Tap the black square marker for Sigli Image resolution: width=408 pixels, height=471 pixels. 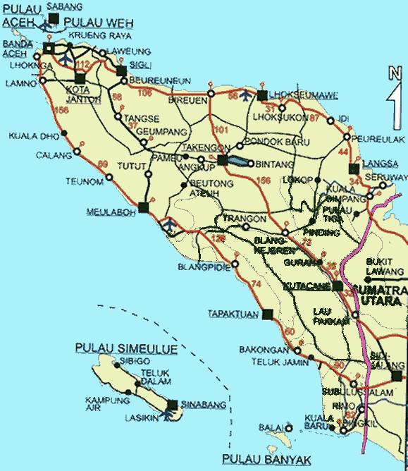[121, 71]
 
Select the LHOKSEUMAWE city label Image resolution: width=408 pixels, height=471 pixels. [293, 95]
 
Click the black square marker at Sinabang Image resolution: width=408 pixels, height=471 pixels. [173, 404]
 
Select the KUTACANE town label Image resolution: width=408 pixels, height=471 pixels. [307, 287]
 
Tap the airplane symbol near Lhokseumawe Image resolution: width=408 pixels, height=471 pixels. [245, 94]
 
